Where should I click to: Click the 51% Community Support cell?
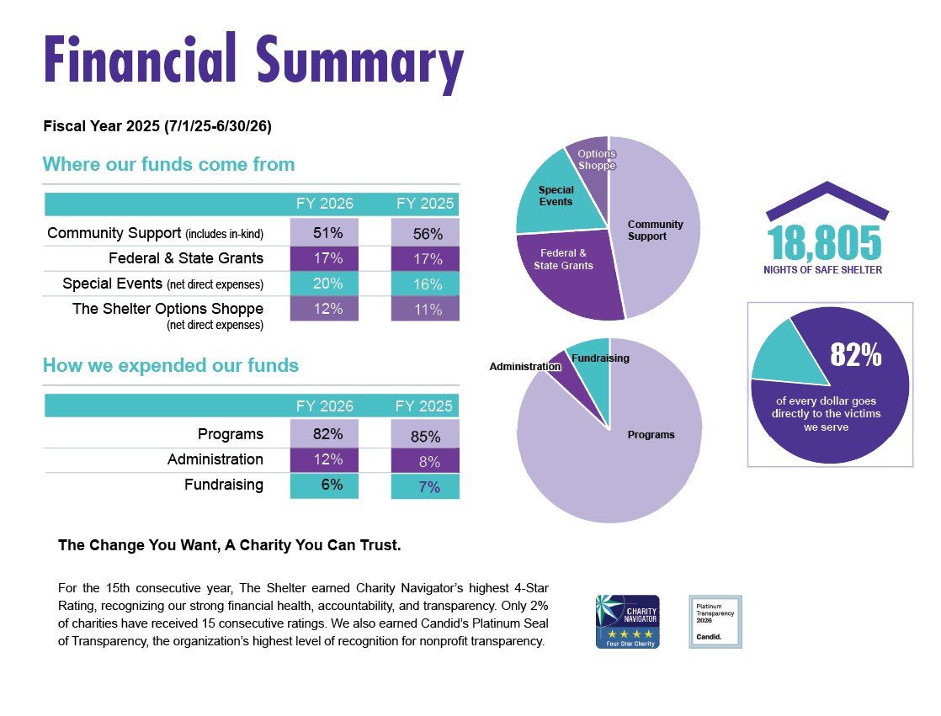pyautogui.click(x=324, y=232)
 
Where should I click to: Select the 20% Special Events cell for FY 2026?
pyautogui.click(x=324, y=283)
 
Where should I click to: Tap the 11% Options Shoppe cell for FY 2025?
pyautogui.click(x=425, y=309)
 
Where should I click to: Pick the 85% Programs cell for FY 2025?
pyautogui.click(x=425, y=434)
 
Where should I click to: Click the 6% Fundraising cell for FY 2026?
pyautogui.click(x=324, y=485)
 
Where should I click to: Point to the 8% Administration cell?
pyautogui.click(x=425, y=461)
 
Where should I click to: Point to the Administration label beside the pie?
pyautogui.click(x=525, y=366)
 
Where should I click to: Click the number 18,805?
pyautogui.click(x=824, y=243)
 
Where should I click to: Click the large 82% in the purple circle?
pyautogui.click(x=856, y=354)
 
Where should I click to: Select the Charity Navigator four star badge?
pyautogui.click(x=628, y=622)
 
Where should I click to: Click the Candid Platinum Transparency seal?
pyautogui.click(x=715, y=622)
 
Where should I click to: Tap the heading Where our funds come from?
pyautogui.click(x=168, y=164)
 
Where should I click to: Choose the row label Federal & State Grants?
pyautogui.click(x=186, y=258)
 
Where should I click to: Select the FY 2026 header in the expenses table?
pyautogui.click(x=325, y=406)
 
